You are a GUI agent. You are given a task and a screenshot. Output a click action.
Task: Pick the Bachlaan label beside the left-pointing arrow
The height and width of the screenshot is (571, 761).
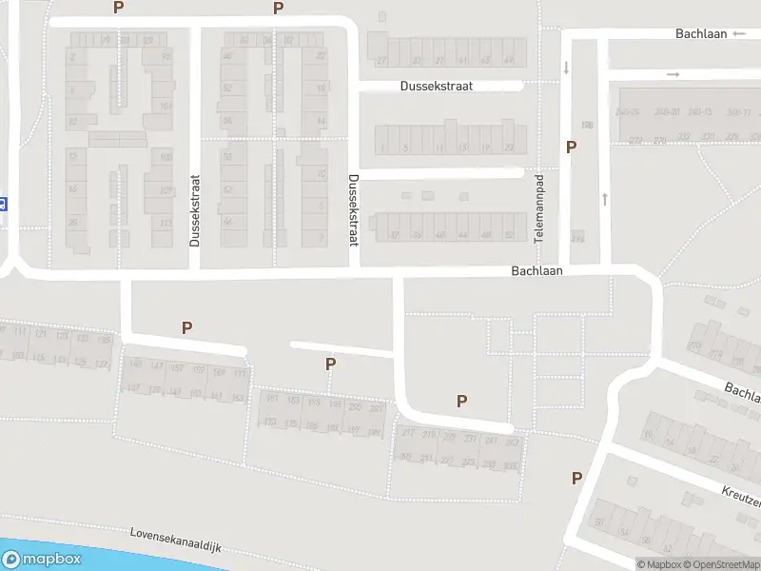pos(701,34)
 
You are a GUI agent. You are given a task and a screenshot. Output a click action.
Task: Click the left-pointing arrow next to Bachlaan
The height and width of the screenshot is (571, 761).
pos(740,34)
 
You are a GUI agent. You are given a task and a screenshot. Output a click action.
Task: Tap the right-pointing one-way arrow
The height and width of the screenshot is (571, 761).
pos(673,74)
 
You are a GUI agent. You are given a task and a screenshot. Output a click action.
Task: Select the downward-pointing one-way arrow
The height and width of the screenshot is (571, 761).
pos(566,68)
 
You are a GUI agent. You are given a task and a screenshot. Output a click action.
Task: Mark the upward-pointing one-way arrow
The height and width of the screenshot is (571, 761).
pos(604,199)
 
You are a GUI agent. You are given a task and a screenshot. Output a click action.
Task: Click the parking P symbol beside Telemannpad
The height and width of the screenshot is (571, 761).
pos(571,148)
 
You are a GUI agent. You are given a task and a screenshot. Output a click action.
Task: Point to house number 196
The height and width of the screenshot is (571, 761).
pos(578,238)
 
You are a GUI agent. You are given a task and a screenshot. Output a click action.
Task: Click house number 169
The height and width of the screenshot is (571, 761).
pos(219,372)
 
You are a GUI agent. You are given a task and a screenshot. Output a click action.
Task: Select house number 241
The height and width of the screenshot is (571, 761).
pos(491,441)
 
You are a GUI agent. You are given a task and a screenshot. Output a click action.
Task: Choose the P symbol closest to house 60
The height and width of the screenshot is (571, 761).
pos(576,479)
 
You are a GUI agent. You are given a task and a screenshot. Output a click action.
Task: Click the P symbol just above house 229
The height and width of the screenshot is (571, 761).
pos(461,402)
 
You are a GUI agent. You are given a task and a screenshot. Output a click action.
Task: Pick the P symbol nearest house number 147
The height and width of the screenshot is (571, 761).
pos(186,328)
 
